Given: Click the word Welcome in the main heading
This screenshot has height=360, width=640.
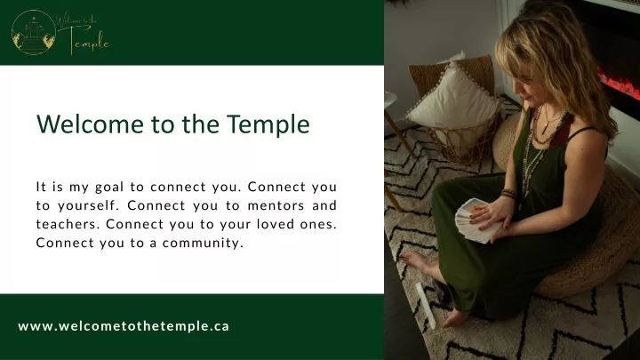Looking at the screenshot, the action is click(90, 124).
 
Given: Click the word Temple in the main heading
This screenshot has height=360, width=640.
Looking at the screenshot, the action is click(268, 125).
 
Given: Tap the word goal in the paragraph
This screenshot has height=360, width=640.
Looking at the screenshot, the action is click(109, 188).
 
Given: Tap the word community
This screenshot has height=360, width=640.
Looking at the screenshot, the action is click(203, 244).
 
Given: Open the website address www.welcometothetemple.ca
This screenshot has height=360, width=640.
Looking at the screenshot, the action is click(124, 326).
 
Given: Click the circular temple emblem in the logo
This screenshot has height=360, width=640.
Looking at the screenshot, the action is click(34, 33).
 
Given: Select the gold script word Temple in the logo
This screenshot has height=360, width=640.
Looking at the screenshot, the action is click(89, 41).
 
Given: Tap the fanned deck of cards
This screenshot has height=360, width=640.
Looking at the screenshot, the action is click(476, 220).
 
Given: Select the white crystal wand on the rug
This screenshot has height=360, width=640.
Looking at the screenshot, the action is click(425, 305).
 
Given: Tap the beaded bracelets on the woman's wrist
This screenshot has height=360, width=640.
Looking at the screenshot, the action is click(509, 194).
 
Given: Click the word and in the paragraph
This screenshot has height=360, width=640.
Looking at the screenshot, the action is click(324, 205).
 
